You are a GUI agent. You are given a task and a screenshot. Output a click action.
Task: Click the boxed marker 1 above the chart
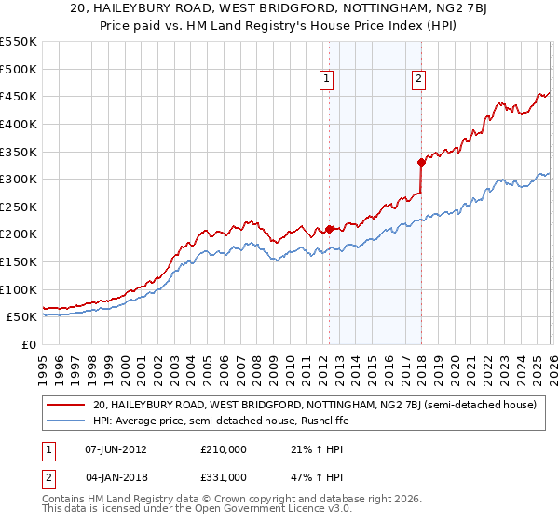[x=328, y=80]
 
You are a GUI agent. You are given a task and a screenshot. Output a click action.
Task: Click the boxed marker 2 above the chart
[x=419, y=80]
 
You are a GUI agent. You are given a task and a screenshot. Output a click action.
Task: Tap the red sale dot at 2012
[x=329, y=228]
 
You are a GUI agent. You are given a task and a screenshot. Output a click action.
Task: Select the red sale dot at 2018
[x=421, y=162]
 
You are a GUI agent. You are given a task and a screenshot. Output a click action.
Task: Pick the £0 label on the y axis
[x=28, y=345]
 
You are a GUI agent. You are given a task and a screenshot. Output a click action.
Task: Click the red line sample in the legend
[x=66, y=405]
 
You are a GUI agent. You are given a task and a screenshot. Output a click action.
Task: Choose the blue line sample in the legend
[x=66, y=421]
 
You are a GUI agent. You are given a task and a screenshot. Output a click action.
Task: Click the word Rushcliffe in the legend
[x=363, y=421]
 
